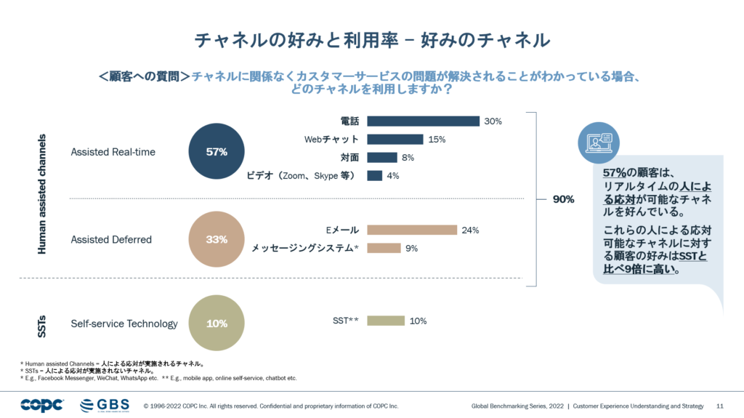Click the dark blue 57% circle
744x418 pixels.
click(217, 152)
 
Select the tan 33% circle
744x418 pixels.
click(217, 239)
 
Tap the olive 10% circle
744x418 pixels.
click(217, 323)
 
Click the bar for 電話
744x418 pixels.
click(423, 121)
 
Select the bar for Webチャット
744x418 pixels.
click(395, 140)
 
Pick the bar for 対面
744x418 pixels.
click(382, 158)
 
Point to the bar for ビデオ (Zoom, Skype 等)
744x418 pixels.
click(374, 176)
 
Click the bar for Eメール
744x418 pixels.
click(412, 230)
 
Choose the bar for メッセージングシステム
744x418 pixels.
click(384, 249)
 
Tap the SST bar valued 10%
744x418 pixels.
click(386, 321)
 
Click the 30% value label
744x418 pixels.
click(493, 121)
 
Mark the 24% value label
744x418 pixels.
click(470, 230)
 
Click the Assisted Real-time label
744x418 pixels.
click(113, 152)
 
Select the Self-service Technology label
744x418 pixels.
click(124, 323)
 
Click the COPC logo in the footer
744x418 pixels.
click(42, 405)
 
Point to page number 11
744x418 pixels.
click(720, 406)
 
